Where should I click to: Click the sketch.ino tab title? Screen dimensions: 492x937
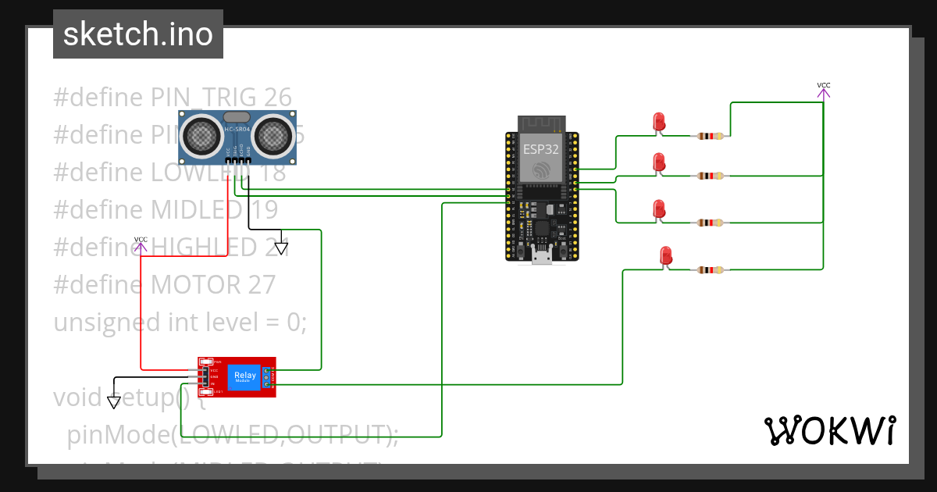[137, 34]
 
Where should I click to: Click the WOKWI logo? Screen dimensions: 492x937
[829, 430]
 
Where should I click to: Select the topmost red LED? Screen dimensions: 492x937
[659, 122]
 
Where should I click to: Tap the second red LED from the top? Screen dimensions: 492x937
[659, 162]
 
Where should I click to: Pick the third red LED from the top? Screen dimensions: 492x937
[659, 209]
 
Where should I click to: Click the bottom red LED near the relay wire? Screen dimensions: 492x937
[665, 255]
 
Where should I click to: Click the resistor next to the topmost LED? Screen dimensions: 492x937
[709, 136]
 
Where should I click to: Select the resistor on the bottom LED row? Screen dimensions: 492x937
[709, 270]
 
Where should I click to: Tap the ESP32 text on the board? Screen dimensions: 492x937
[541, 148]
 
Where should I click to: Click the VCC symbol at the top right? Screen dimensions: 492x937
[823, 91]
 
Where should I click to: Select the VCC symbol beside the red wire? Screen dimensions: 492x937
[141, 245]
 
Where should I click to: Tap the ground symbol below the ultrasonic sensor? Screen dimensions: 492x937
[281, 248]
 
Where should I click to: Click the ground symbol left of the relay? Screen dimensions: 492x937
[114, 402]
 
